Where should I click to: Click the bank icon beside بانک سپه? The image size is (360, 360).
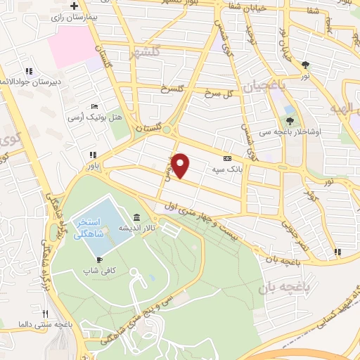click(x=226, y=159)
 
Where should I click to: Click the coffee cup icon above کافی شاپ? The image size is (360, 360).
click(x=101, y=259)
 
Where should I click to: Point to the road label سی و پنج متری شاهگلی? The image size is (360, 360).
click(x=148, y=313)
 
